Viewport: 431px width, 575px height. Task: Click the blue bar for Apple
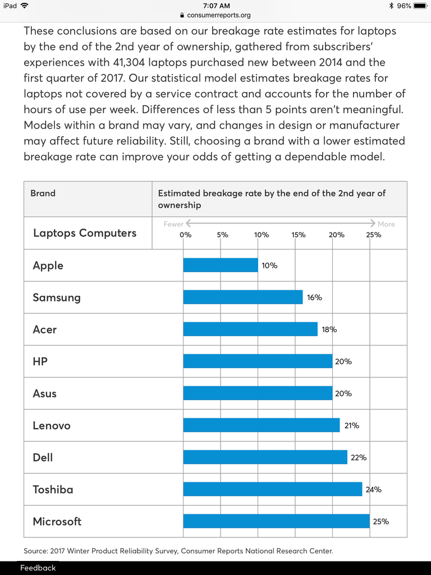[221, 265]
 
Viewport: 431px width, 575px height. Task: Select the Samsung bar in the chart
[243, 297]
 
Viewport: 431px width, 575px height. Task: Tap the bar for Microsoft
[276, 521]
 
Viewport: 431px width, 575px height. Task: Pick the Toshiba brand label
[53, 490]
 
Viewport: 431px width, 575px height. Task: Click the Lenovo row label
[51, 426]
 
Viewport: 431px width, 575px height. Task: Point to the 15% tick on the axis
[299, 235]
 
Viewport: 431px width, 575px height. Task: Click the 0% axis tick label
[185, 235]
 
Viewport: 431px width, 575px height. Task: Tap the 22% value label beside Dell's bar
[359, 457]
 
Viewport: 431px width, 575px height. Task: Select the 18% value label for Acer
[329, 329]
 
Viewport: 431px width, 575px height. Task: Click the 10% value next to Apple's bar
[269, 266]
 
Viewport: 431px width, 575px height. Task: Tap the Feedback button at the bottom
[38, 568]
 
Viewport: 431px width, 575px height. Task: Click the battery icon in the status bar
[420, 6]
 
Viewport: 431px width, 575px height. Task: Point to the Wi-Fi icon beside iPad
[25, 6]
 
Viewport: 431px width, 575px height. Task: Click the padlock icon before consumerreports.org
[182, 15]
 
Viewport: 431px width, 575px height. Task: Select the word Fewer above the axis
[173, 224]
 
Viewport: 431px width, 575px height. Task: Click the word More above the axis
[386, 224]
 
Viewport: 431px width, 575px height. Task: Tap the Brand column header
[43, 193]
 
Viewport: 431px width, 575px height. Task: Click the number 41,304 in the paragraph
[129, 62]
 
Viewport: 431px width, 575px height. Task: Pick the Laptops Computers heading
[85, 233]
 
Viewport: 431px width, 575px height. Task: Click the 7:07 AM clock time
[216, 6]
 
